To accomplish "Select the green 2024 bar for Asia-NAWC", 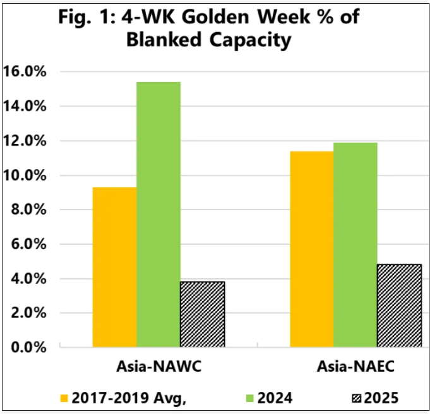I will tap(158, 215).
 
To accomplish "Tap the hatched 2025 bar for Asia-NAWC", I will tap(202, 314).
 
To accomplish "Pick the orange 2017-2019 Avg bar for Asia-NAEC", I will tap(311, 249).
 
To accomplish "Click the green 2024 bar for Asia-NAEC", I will tap(355, 245).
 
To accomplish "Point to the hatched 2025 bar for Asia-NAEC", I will tap(399, 306).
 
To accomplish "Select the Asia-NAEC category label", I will tap(355, 367).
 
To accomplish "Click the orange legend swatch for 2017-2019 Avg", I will tap(64, 398).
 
